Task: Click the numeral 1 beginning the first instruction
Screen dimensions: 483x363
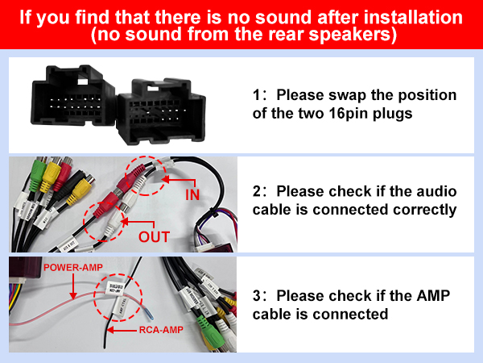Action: (x=257, y=96)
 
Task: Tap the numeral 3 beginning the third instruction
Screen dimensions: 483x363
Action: (x=257, y=295)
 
